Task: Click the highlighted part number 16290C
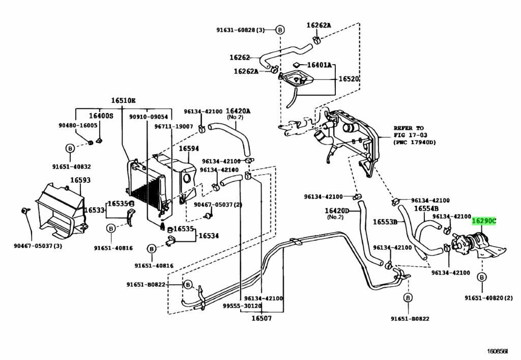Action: tap(483, 220)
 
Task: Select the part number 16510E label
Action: tap(124, 100)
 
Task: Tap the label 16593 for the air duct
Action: tap(80, 180)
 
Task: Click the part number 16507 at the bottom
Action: tap(261, 319)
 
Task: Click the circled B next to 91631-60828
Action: tap(280, 30)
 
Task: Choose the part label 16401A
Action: tap(319, 65)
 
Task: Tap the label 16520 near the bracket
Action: tap(349, 79)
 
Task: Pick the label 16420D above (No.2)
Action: tap(337, 210)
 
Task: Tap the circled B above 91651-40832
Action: tap(70, 148)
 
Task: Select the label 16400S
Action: tap(101, 116)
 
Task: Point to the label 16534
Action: tap(208, 236)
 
